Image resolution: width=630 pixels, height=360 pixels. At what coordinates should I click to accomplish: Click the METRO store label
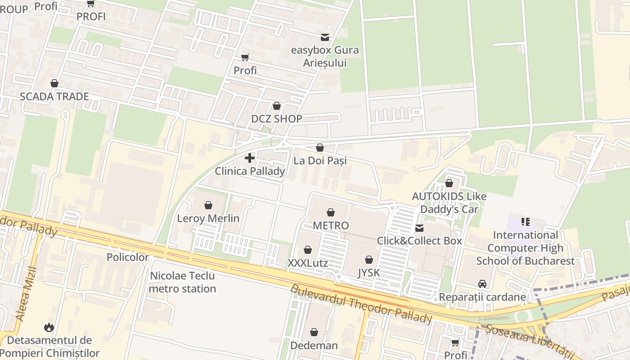coord(331,225)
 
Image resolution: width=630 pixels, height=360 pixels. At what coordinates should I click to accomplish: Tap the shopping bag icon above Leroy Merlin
coord(208,206)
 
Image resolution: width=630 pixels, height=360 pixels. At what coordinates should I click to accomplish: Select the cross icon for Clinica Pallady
coord(250,158)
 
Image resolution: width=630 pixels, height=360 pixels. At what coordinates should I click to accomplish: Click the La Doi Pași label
coord(320,161)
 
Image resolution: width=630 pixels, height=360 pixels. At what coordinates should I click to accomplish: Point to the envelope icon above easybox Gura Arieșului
coord(324,37)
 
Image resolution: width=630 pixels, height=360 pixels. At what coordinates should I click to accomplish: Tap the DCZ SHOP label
coord(276,119)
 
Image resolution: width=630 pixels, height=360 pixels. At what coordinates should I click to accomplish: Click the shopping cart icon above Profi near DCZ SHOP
coord(245,58)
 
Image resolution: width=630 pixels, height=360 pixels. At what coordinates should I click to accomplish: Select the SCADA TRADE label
coord(54,96)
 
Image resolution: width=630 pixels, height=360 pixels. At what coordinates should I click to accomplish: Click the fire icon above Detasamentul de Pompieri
coord(49,327)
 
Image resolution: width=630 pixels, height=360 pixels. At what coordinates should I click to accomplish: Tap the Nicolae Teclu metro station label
coord(182,282)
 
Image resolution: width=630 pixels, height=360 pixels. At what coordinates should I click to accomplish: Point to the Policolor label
coord(128,257)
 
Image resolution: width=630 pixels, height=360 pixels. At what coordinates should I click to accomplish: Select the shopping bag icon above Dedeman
coord(314,333)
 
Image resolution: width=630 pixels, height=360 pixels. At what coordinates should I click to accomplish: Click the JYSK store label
coord(369,273)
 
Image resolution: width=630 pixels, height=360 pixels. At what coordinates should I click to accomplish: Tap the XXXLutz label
coord(308,263)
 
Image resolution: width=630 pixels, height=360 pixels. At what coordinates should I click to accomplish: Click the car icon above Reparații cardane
coord(482,284)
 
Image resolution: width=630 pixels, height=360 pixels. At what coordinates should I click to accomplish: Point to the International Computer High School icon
coord(525,222)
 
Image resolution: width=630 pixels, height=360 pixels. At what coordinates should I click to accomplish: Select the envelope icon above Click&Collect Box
coord(419,228)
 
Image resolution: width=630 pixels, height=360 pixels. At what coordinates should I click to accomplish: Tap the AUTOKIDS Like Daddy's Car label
coord(449,203)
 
